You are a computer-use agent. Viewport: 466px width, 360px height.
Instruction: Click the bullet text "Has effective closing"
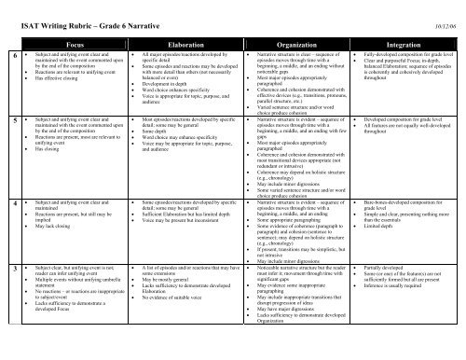47,81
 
